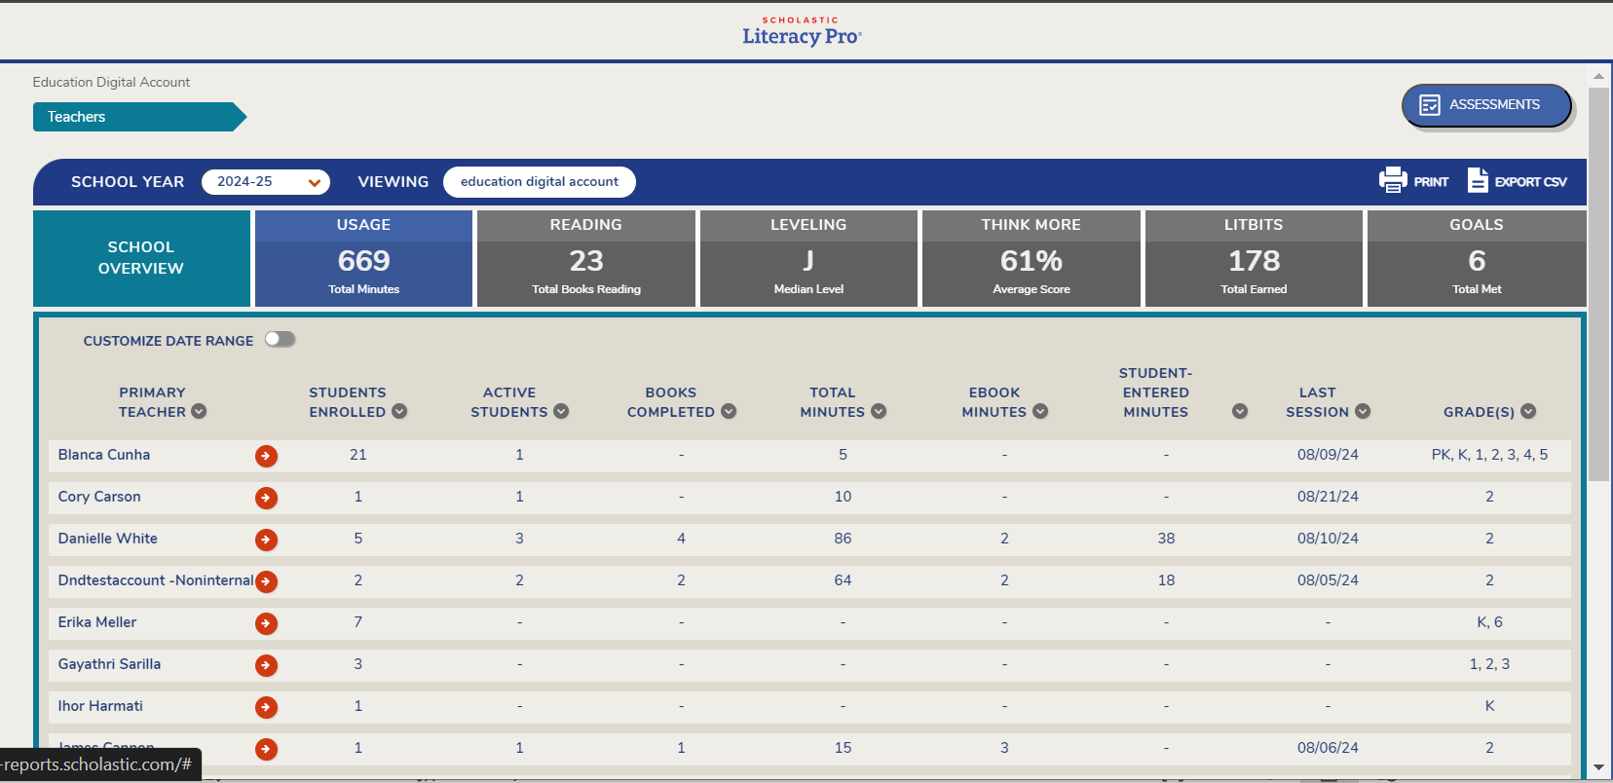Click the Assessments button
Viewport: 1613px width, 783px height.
[x=1485, y=105]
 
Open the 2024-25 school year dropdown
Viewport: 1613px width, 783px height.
[x=265, y=182]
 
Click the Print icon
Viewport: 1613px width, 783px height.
[x=1393, y=181]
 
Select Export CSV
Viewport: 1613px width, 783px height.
[x=1518, y=181]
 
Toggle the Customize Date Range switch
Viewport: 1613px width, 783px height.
[x=281, y=339]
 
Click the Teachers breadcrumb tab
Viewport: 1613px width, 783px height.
[x=137, y=117]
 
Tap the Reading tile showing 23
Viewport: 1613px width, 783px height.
[x=586, y=259]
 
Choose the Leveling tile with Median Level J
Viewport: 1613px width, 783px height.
[x=808, y=259]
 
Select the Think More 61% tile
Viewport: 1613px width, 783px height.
[x=1031, y=259]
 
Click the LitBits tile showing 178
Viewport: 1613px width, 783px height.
[x=1254, y=259]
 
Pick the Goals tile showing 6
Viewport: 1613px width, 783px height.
[x=1476, y=259]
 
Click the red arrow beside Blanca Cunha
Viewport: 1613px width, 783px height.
[x=266, y=456]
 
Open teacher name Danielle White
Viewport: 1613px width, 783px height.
[x=107, y=539]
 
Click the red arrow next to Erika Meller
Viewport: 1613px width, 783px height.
[x=266, y=623]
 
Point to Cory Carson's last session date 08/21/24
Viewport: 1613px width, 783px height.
[x=1328, y=497]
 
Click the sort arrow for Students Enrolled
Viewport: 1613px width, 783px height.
[x=399, y=412]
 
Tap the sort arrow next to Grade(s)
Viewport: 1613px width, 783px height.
[x=1528, y=412]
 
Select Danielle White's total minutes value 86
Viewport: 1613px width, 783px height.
[x=843, y=539]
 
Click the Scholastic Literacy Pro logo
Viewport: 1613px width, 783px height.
[x=802, y=31]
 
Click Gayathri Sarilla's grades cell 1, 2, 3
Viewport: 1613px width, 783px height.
[x=1489, y=664]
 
